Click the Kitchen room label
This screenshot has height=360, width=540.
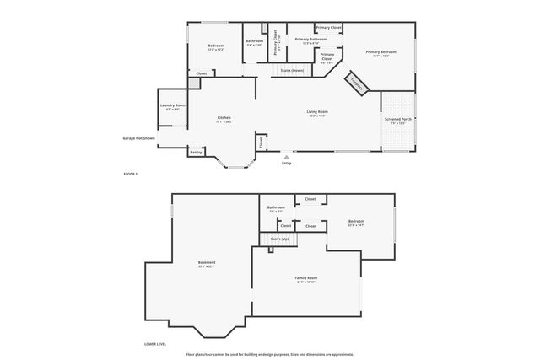[x=224, y=117]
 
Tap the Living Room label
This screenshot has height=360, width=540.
[x=317, y=111]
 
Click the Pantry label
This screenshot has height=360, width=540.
[x=196, y=153]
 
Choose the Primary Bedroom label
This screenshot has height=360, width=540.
[x=381, y=52]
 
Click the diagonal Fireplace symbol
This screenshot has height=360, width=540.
[x=358, y=85]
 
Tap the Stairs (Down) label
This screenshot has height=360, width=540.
[x=292, y=70]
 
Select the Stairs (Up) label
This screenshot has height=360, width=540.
[x=279, y=239]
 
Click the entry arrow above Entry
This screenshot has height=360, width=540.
[x=287, y=156]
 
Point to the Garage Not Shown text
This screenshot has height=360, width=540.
[x=138, y=137]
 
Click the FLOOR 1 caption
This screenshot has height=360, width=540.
[x=130, y=173]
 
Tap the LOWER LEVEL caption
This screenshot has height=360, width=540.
[x=155, y=344]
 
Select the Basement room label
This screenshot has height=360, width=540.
[x=207, y=263]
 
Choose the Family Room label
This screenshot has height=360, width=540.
[x=306, y=278]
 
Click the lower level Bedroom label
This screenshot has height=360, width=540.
[x=355, y=222]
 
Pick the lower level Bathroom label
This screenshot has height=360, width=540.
[x=277, y=207]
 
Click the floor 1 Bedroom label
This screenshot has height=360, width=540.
[x=216, y=46]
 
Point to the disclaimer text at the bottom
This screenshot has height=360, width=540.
[x=270, y=354]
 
